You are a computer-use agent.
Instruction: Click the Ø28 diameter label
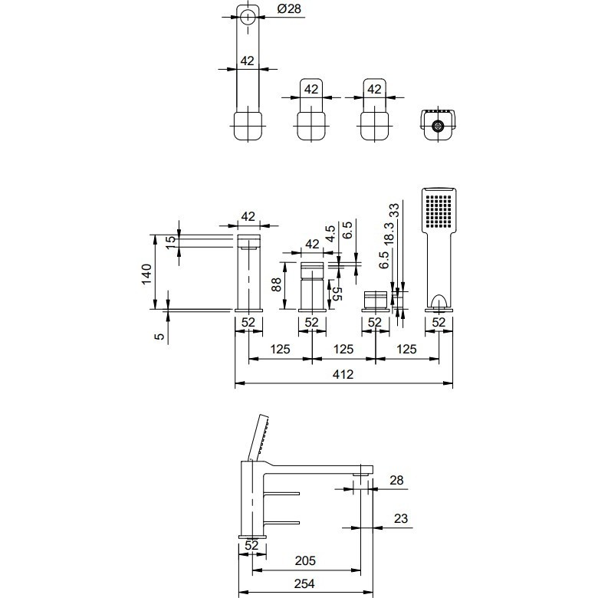pos(289,8)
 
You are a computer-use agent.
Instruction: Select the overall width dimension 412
pos(343,374)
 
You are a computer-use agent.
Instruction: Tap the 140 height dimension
pos(146,274)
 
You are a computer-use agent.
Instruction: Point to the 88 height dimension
pos(276,284)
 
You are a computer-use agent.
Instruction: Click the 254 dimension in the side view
pos(304,583)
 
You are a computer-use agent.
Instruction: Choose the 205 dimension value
pos(305,560)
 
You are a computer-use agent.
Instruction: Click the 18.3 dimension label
pos(388,233)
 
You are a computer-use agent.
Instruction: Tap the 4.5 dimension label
pos(330,233)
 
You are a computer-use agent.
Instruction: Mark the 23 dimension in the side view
pos(401,518)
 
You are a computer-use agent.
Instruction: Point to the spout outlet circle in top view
pos(248,17)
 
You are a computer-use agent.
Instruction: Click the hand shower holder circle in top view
pos(439,126)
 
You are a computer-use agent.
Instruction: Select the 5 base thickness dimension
pos(159,336)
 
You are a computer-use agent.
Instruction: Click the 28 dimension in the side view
pos(396,480)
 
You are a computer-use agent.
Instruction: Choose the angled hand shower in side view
pos(258,438)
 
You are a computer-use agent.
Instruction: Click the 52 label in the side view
pos(251,545)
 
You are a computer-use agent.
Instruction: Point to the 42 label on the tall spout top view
pos(247,61)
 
